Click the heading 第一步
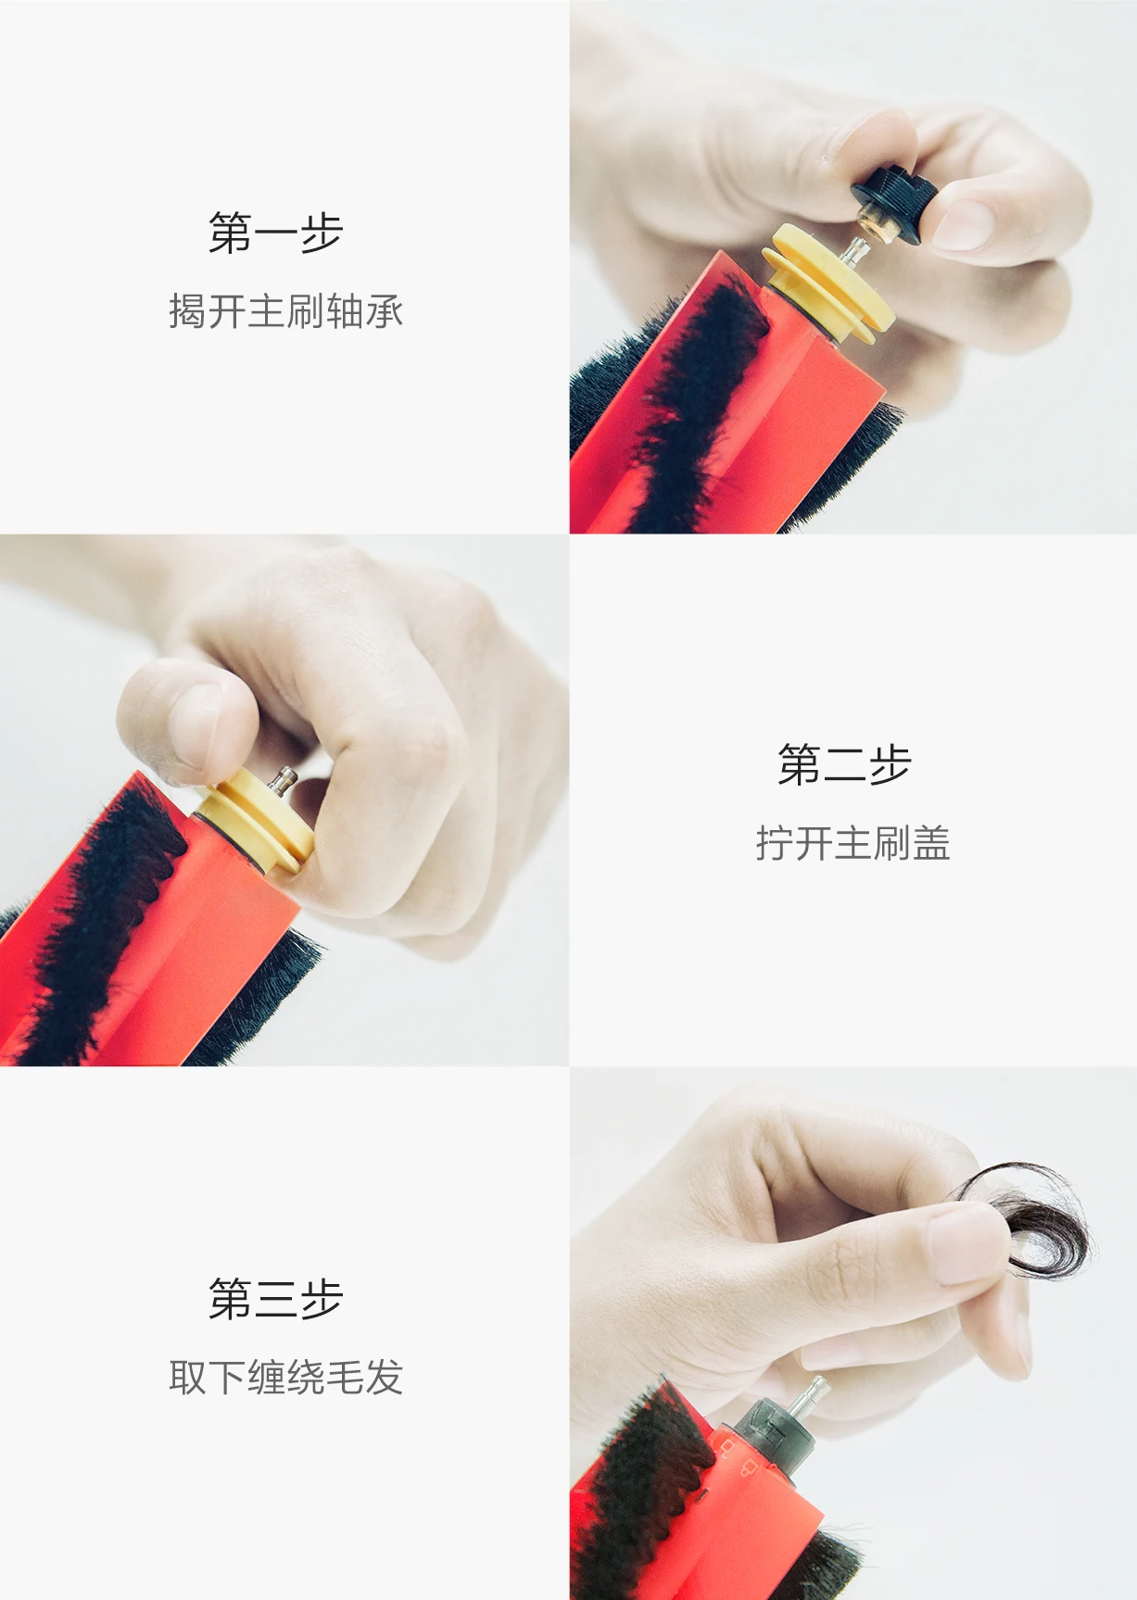point(275,233)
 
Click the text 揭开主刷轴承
point(285,311)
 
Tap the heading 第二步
point(844,764)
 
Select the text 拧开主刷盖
point(853,843)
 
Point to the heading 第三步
point(275,1298)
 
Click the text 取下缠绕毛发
point(285,1377)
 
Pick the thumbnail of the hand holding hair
point(966,1246)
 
